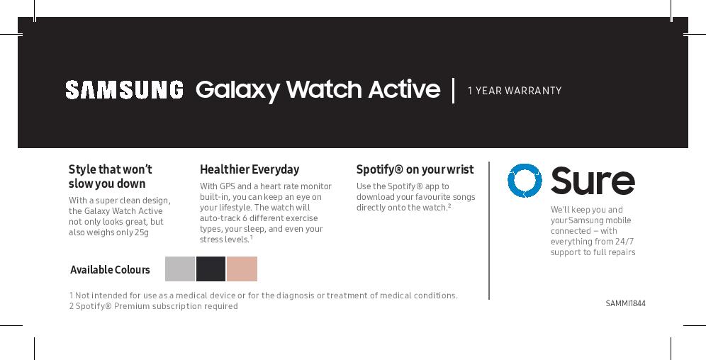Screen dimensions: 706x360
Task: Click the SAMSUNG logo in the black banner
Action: pos(124,89)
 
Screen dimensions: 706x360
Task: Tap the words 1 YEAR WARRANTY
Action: pos(515,91)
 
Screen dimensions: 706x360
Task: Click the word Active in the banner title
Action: pos(404,89)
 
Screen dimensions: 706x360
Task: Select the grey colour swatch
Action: pos(179,269)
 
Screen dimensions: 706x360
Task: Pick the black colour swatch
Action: pos(211,269)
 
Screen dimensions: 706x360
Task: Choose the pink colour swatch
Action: pos(242,269)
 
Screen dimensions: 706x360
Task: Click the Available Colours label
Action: pos(110,270)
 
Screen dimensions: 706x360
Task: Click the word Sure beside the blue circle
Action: pos(593,181)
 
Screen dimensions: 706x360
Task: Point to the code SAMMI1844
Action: pos(625,303)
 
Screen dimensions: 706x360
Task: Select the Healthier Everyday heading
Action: pos(250,169)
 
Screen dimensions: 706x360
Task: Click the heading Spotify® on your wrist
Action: pos(415,169)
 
